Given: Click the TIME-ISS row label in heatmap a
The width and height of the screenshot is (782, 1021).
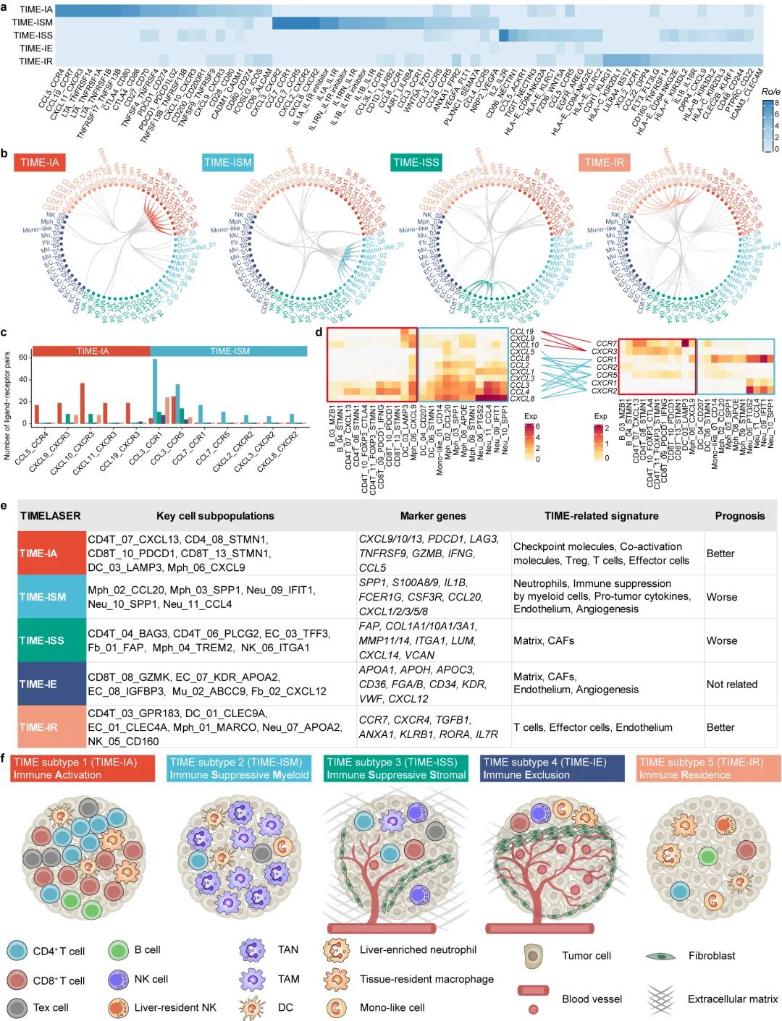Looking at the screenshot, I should tap(33, 35).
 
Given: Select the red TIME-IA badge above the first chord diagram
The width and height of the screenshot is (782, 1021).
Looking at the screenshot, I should tap(40, 162).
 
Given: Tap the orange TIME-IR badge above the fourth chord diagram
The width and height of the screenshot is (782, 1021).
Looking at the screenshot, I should tap(604, 162).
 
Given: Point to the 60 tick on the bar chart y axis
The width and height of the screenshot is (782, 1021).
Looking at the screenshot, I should tap(23, 357).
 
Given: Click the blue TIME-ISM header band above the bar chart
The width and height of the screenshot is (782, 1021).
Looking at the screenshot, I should tap(230, 351).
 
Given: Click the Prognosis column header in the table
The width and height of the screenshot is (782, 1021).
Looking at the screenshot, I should tap(739, 516).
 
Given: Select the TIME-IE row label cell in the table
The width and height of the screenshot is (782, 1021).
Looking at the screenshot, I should tap(51, 684).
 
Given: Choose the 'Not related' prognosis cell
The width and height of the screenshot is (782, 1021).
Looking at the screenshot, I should tap(731, 684).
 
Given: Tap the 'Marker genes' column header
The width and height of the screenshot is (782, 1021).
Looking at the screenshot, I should tap(433, 516).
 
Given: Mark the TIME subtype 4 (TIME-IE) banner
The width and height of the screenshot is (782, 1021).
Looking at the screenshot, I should tap(552, 768).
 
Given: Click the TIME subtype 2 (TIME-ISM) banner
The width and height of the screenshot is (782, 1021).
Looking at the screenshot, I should tap(240, 768).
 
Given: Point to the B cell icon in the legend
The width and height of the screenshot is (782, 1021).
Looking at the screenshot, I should tap(119, 950).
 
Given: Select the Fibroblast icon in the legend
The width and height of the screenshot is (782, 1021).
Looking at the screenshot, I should tap(660, 956).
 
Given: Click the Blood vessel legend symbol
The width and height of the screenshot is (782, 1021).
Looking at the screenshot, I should tap(533, 991).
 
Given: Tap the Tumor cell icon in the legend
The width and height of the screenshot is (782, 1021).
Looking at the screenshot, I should tap(533, 955).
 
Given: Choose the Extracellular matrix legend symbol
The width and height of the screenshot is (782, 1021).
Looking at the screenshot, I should tap(660, 999).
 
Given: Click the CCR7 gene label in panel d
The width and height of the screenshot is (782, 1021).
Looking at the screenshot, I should tap(606, 344).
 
